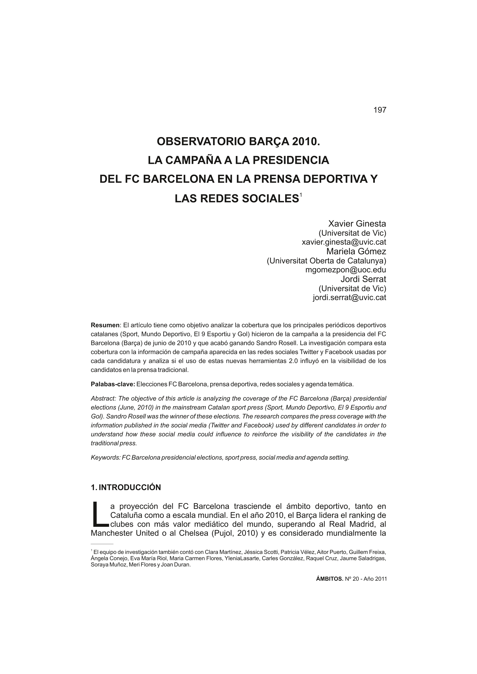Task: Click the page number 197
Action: [380, 110]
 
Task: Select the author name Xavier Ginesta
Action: [357, 224]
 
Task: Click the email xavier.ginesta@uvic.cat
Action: [344, 242]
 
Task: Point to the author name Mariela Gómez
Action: [356, 251]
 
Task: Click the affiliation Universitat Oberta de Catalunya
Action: [326, 261]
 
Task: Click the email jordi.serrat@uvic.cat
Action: [349, 297]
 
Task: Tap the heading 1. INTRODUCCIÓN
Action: [126, 488]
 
